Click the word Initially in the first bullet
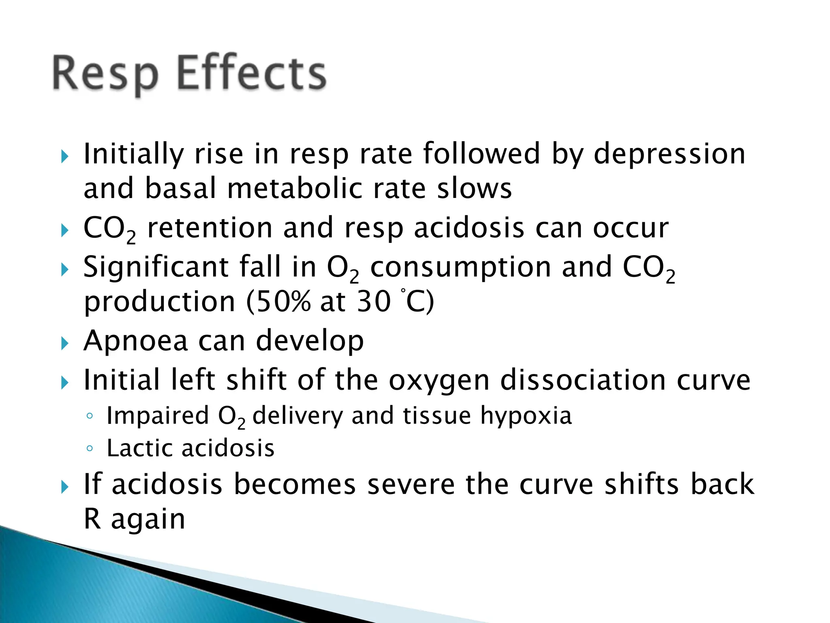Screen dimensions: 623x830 tap(134, 154)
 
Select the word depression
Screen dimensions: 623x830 tap(669, 154)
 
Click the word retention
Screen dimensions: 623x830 tap(210, 228)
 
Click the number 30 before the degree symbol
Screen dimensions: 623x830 tap(374, 302)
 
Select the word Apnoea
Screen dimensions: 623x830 tap(136, 341)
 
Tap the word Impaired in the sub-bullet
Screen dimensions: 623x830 tap(158, 416)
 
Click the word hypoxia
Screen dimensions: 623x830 tap(526, 416)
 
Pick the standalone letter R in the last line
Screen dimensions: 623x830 tap(92, 519)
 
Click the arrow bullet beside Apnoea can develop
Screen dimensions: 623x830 tap(65, 344)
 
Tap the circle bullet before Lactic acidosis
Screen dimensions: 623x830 tap(90, 449)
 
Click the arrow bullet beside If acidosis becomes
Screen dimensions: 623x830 tap(65, 487)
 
